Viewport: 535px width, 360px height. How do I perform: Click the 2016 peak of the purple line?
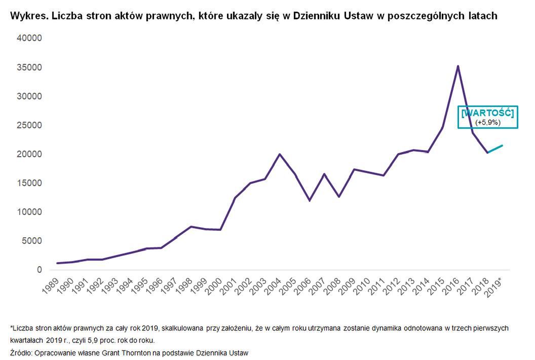tap(458, 66)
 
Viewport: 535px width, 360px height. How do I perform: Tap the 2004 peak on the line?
tap(280, 154)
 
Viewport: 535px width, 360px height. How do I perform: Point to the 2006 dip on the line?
tap(309, 200)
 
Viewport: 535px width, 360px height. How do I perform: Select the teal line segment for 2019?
tap(495, 149)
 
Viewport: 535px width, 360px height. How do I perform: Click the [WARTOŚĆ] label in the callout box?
tap(487, 113)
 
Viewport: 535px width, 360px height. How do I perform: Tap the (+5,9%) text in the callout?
tap(487, 122)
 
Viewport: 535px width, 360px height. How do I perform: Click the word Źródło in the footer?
tap(21, 352)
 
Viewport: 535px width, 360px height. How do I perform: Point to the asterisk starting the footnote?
tap(11, 328)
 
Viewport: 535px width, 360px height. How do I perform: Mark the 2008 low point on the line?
tap(339, 196)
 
